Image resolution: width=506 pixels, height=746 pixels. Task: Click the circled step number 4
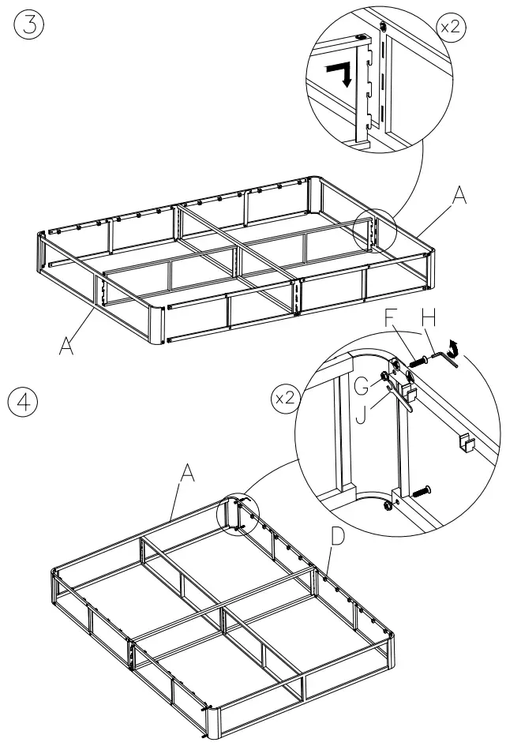pos(27,400)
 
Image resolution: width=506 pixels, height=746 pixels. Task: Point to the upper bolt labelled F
pos(420,362)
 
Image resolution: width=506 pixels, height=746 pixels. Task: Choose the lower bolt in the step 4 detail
pos(419,490)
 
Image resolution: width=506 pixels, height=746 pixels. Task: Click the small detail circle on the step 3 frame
pos(374,230)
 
